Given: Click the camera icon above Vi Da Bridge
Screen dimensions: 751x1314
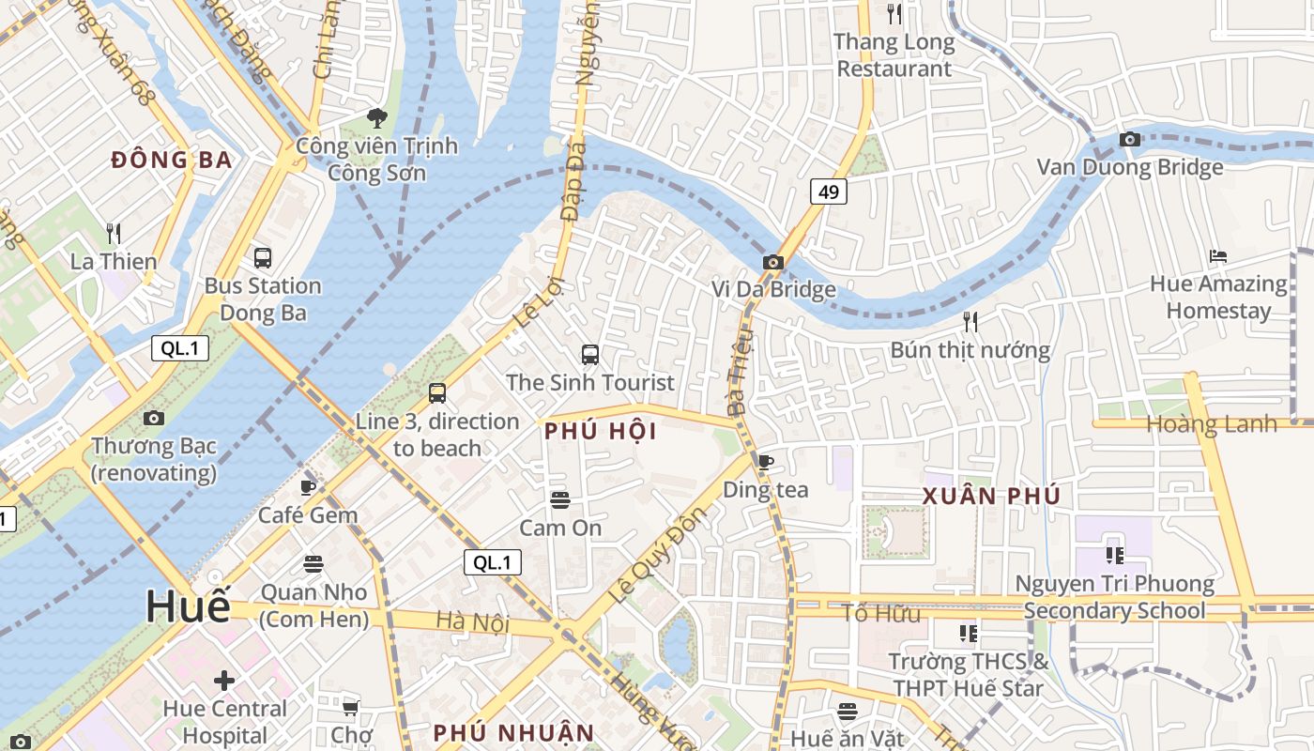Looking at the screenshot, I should pyautogui.click(x=772, y=262).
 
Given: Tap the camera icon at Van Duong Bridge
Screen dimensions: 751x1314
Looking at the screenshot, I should pyautogui.click(x=1130, y=140).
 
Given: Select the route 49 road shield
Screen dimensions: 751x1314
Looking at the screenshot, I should pyautogui.click(x=829, y=192).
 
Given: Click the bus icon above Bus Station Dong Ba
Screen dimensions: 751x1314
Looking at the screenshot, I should pyautogui.click(x=263, y=257).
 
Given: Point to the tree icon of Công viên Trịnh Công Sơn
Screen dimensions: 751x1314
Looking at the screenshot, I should pyautogui.click(x=377, y=118).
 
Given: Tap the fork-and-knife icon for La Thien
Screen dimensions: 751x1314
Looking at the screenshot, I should pyautogui.click(x=114, y=233).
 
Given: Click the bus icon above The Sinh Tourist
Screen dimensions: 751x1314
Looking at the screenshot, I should pyautogui.click(x=590, y=355).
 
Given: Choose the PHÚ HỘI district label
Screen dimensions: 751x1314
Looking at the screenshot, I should pyautogui.click(x=600, y=432).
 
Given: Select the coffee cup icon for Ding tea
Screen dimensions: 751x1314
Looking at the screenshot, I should pyautogui.click(x=766, y=462).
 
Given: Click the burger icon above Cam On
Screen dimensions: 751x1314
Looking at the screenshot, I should pyautogui.click(x=560, y=500).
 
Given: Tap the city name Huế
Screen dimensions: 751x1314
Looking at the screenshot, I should pyautogui.click(x=188, y=607).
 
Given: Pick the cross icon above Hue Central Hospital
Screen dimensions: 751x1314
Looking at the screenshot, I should pyautogui.click(x=224, y=680).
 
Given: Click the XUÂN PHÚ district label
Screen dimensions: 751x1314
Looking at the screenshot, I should pyautogui.click(x=991, y=496).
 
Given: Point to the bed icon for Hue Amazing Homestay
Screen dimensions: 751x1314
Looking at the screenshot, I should pyautogui.click(x=1218, y=255).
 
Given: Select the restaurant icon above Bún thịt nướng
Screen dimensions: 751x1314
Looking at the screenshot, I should pyautogui.click(x=970, y=322).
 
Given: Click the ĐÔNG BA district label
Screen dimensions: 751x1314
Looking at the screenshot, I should pyautogui.click(x=172, y=160).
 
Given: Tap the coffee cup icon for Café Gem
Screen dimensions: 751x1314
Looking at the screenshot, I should pyautogui.click(x=308, y=487).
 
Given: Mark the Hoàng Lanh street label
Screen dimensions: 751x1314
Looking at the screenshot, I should pyautogui.click(x=1212, y=424).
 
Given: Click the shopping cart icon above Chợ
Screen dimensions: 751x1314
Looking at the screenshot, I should pyautogui.click(x=351, y=707).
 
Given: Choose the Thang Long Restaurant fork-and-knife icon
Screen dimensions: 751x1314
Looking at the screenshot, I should pyautogui.click(x=894, y=14).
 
